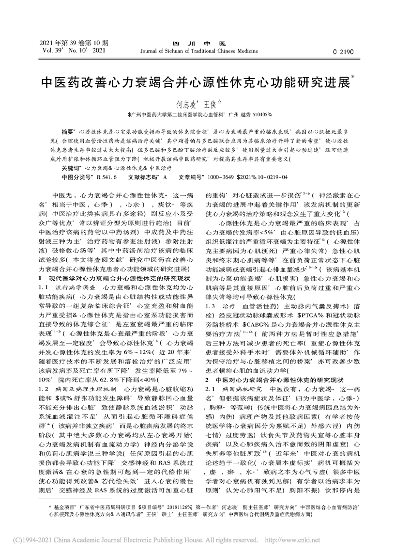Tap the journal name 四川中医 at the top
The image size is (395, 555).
point(198,43)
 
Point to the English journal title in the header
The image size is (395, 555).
point(198,50)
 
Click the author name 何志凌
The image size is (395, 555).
point(184,104)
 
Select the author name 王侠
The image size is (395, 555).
point(209,104)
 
